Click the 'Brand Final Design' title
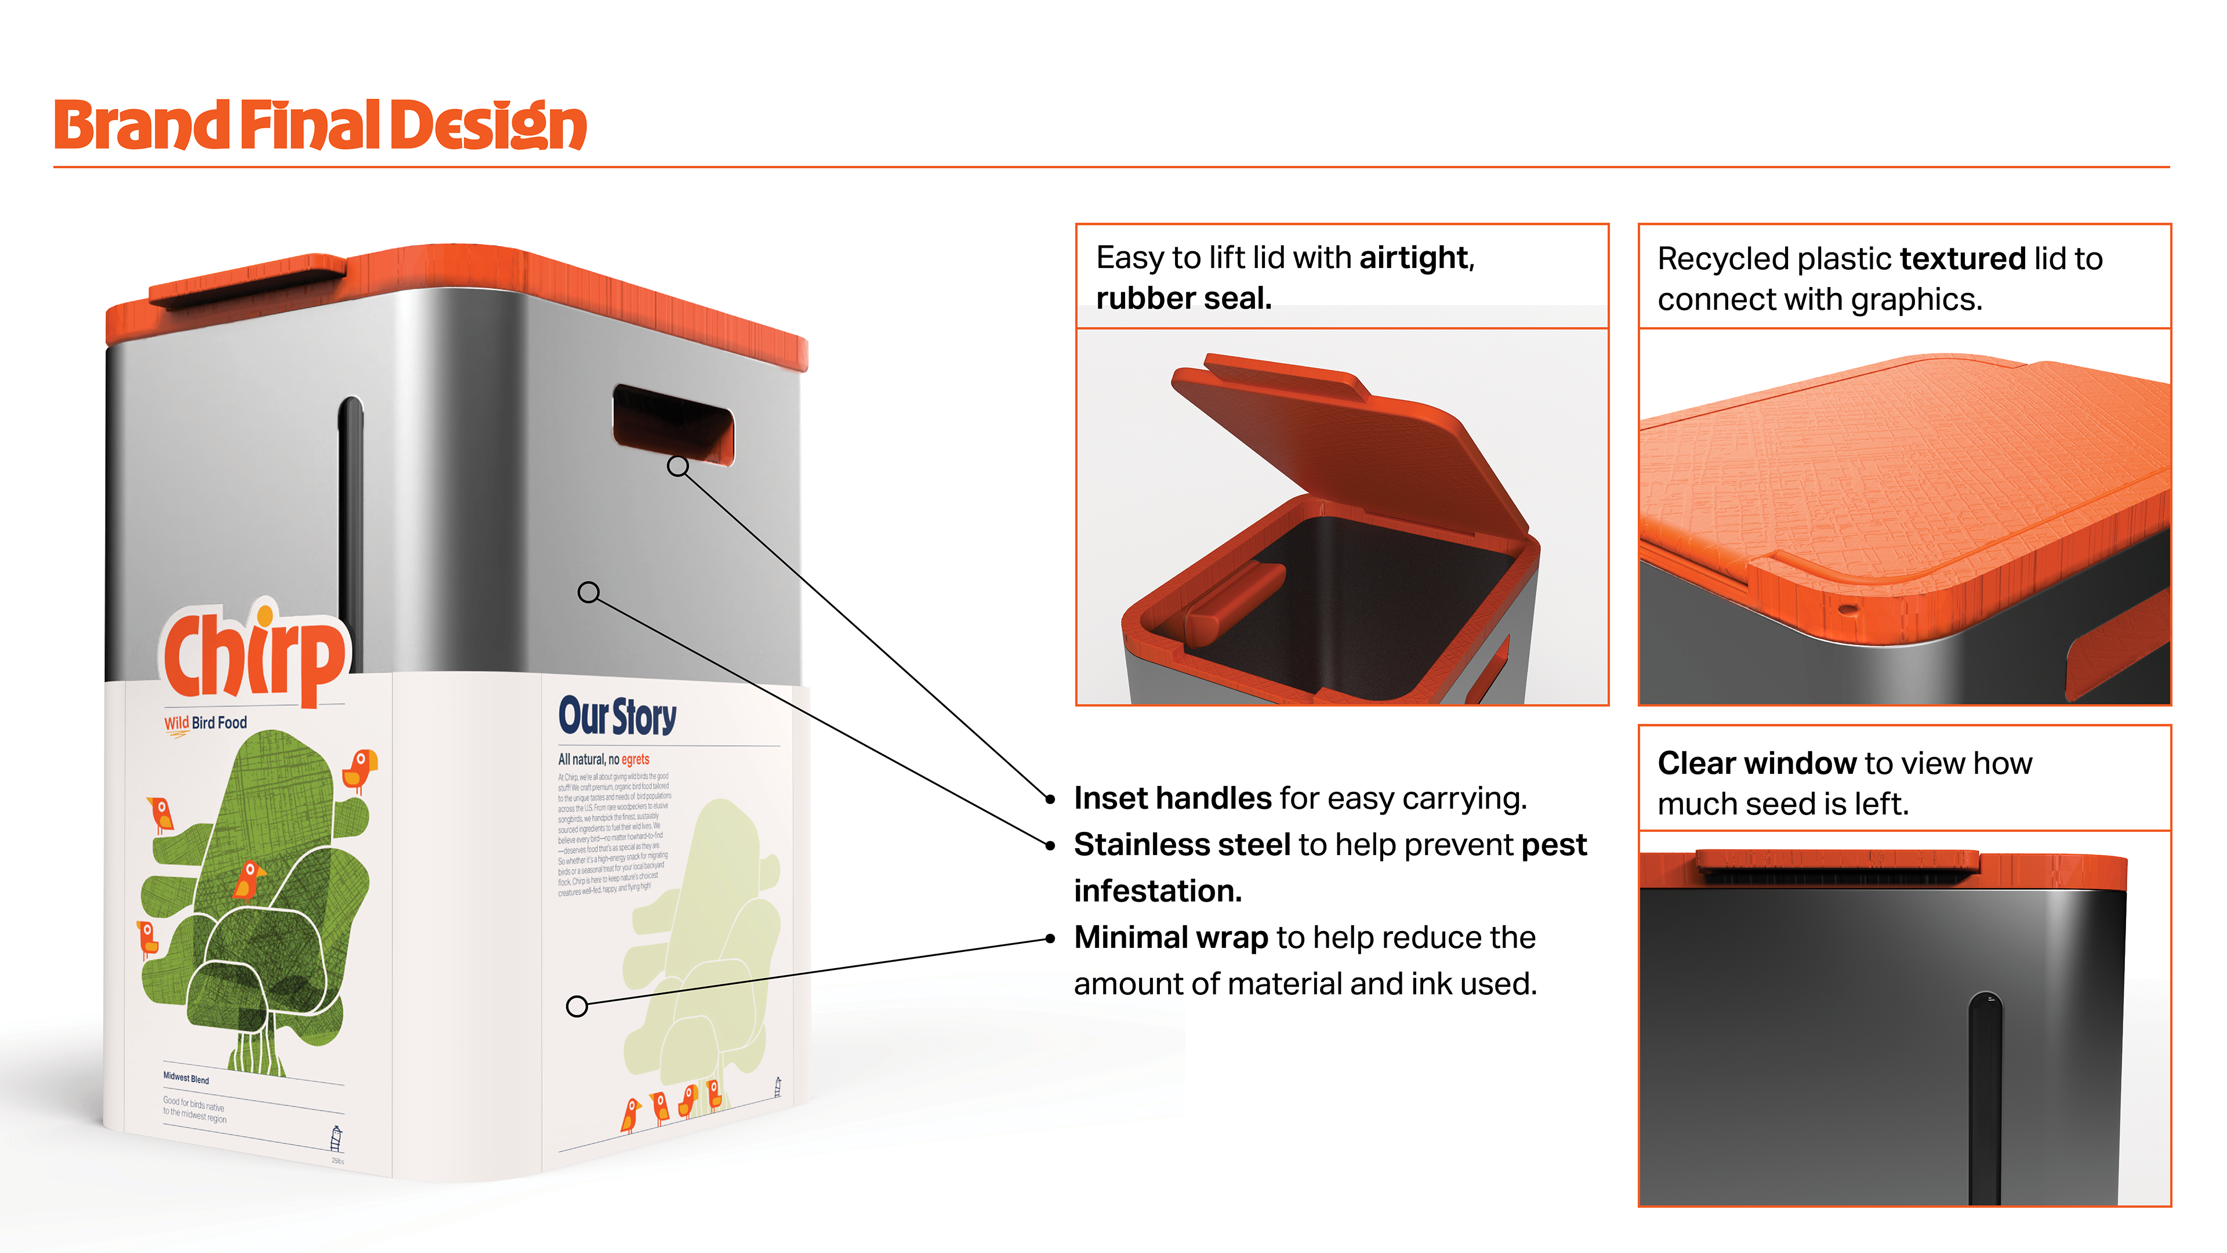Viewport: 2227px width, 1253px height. (320, 125)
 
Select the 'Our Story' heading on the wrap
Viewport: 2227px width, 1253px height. (617, 716)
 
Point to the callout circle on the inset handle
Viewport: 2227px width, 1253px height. (679, 466)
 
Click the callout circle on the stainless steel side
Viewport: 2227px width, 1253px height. (589, 592)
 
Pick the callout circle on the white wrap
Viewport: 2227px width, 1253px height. (576, 1006)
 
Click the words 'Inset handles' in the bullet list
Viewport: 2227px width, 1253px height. (1172, 798)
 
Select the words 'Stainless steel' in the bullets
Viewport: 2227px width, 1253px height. (1182, 845)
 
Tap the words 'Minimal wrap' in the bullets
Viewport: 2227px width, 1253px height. (1170, 937)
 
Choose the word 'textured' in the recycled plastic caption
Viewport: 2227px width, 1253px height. (1963, 259)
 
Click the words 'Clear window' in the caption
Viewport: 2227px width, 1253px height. (1757, 763)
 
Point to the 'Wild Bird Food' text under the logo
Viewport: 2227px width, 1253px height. (206, 723)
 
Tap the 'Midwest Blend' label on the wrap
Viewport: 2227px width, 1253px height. (186, 1078)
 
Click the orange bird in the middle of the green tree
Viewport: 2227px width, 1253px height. (249, 879)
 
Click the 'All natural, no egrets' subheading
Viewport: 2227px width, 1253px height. (603, 759)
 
